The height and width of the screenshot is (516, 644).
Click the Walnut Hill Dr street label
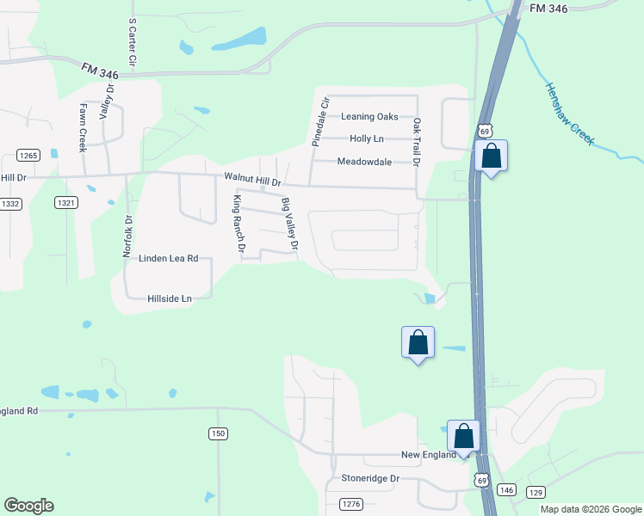click(253, 179)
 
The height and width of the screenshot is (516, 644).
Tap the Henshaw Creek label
click(569, 114)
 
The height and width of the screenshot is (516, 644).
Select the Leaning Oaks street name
click(369, 117)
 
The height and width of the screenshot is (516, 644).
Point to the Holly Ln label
click(367, 138)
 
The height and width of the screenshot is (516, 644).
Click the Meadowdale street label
click(364, 162)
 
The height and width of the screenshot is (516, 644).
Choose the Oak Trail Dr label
click(417, 142)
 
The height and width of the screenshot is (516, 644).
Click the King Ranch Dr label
click(238, 224)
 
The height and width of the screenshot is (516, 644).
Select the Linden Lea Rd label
click(169, 258)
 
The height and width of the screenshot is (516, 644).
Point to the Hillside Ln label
click(169, 298)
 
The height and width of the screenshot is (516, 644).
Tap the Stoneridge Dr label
click(371, 478)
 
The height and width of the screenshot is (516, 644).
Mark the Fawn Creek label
click(84, 127)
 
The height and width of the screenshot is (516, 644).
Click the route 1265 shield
click(28, 156)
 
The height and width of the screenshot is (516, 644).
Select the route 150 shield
click(218, 434)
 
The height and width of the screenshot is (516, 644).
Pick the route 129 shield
click(536, 491)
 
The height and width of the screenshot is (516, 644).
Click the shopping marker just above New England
click(464, 436)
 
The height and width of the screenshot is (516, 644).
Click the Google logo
click(29, 506)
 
